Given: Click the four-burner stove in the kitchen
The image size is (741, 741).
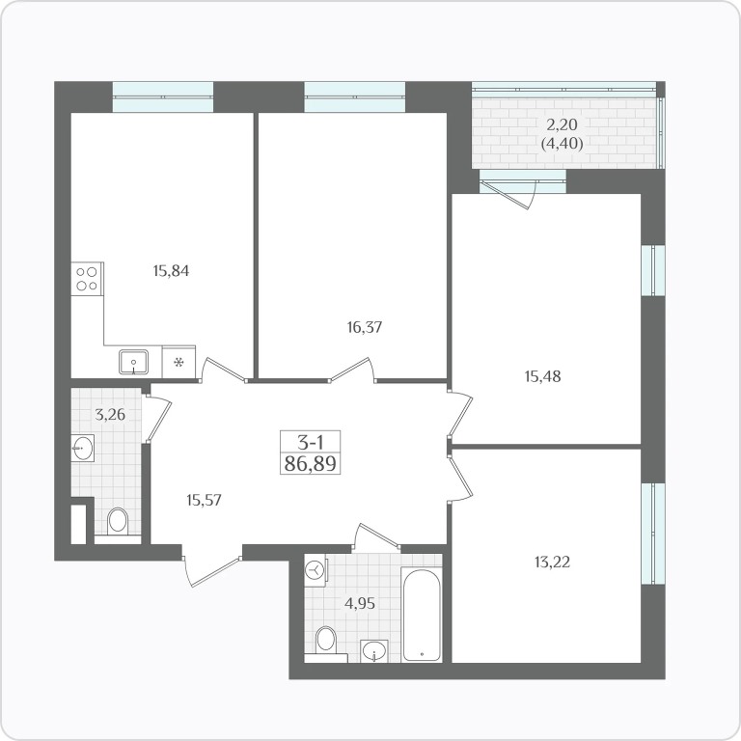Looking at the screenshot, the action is click(x=87, y=279).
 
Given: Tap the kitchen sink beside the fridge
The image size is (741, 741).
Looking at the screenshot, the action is click(x=134, y=362).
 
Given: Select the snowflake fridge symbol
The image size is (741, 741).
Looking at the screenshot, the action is click(x=178, y=363).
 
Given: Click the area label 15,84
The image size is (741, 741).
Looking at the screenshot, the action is click(x=171, y=271).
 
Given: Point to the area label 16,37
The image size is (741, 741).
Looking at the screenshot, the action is click(x=364, y=327).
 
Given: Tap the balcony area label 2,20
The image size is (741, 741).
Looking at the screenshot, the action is click(x=562, y=124).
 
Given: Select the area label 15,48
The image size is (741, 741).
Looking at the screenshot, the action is click(x=543, y=376).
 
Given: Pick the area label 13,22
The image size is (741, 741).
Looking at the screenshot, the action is click(x=552, y=562).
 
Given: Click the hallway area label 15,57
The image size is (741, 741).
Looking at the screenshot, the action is click(x=204, y=500).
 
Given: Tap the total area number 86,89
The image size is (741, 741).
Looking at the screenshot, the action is click(x=311, y=463).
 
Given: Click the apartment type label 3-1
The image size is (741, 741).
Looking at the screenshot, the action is click(x=310, y=442).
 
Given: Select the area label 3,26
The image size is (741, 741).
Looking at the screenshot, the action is click(x=110, y=415).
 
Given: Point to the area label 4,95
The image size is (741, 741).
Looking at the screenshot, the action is click(x=360, y=603).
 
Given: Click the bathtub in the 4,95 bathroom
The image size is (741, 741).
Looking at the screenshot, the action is click(x=422, y=615).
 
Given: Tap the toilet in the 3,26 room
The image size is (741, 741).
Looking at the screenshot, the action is click(x=117, y=522).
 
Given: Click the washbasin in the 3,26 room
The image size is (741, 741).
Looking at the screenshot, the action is click(x=83, y=448).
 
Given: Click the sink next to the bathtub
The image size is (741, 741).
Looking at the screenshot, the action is click(x=374, y=651).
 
